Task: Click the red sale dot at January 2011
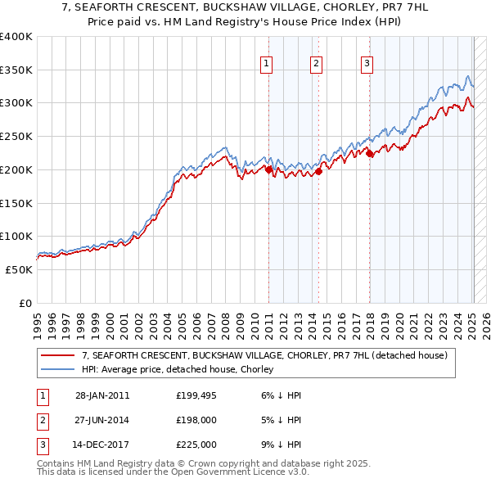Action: [x=268, y=169]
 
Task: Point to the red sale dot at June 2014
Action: [x=319, y=171]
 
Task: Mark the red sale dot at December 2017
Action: [x=369, y=152]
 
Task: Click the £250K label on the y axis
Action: [x=16, y=136]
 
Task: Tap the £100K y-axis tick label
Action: [x=16, y=236]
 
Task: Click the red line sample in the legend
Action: [x=57, y=356]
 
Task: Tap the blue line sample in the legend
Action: [x=57, y=370]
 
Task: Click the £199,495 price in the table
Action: [x=196, y=395]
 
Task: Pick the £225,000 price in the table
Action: [x=196, y=445]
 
